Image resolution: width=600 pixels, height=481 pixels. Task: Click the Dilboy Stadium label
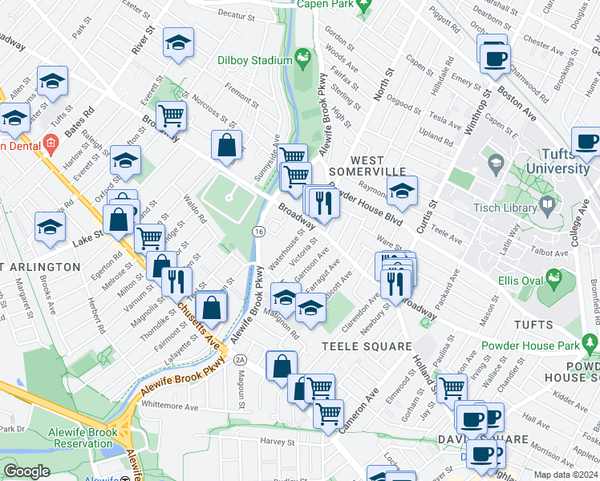pos(254,61)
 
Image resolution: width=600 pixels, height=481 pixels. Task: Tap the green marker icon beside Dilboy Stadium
pos(303,58)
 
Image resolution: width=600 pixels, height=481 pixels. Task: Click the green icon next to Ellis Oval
pos(552,278)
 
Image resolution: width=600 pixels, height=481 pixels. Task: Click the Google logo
pos(26,471)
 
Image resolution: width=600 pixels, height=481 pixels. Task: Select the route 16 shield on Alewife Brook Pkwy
pos(258,231)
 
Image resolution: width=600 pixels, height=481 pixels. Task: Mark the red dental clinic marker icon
pos(51,145)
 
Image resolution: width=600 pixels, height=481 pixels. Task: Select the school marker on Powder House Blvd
pos(402,191)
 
